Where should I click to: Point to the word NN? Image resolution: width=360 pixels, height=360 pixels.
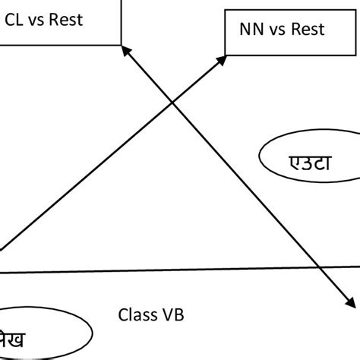point(248,30)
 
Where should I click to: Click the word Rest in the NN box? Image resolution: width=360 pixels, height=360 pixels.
point(305,30)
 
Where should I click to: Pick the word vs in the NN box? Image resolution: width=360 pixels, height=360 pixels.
point(273,30)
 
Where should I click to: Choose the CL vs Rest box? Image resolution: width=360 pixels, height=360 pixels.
point(57,21)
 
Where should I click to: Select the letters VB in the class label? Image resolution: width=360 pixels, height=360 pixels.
point(172,314)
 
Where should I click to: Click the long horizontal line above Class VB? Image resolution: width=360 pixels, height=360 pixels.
point(182,270)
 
